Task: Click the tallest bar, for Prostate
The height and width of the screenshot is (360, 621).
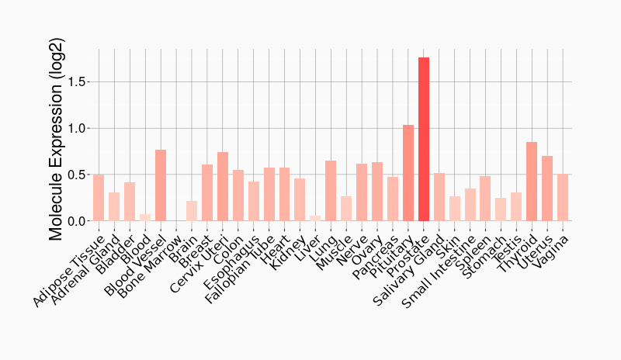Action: coord(423,140)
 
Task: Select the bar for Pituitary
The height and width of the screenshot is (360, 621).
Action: coord(408,173)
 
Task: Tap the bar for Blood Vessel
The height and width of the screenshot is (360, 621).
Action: coord(161,185)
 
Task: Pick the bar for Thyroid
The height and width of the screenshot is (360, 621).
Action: coord(532,182)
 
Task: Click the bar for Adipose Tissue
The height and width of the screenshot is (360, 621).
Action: coord(99,198)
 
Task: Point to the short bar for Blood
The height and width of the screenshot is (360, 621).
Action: coord(145,217)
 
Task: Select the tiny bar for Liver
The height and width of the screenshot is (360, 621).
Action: coord(315,218)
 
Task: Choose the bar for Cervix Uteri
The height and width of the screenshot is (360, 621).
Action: coord(223,187)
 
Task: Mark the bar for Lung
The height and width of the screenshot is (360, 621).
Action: coord(331,191)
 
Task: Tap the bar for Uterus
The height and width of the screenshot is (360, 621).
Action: coord(547,189)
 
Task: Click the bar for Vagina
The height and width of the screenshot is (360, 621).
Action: coord(563,198)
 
